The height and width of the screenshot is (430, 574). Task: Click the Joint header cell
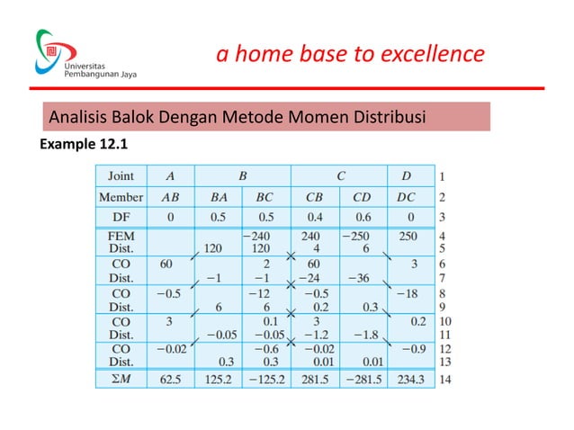[x=122, y=176]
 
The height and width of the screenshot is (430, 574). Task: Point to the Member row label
[x=121, y=197]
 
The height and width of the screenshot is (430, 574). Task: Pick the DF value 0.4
[x=315, y=218]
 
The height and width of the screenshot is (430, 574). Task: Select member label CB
[x=314, y=197]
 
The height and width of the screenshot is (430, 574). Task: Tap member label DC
[x=410, y=197]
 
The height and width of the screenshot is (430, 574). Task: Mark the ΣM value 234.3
[x=410, y=380]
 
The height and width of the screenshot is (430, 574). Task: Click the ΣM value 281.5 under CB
[x=314, y=380]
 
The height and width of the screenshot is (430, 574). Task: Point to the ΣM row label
[x=121, y=380]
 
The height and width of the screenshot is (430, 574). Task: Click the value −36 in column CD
[x=362, y=279]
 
